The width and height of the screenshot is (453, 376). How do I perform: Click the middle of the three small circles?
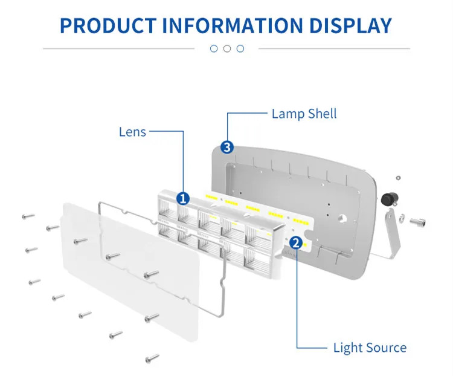226,48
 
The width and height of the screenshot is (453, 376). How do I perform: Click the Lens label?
132,131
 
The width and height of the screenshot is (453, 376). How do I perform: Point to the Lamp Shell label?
304,113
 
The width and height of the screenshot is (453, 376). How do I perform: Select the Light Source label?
370,348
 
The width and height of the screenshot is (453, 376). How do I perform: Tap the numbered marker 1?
182,198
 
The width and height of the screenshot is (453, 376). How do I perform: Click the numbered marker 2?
295,243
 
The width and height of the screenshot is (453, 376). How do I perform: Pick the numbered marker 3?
226,147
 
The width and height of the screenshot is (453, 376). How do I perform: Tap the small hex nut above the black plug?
397,178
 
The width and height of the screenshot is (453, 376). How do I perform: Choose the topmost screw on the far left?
28,216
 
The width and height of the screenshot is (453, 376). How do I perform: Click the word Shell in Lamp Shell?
322,113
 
